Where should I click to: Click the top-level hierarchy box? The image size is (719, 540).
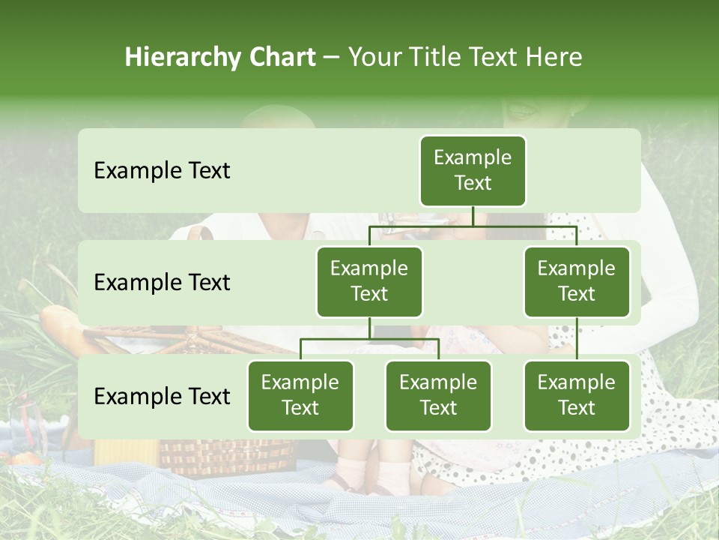(473, 170)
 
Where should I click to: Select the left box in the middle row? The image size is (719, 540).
(369, 281)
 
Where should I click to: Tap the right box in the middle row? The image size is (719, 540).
(577, 281)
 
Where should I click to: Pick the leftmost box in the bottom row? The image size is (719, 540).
(300, 395)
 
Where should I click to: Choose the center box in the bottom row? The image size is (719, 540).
(438, 395)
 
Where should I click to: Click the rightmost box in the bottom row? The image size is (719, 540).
(577, 395)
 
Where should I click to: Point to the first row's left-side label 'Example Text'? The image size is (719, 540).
(162, 170)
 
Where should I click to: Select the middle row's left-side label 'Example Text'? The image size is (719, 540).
(162, 282)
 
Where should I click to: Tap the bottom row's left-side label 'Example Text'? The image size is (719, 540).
(162, 396)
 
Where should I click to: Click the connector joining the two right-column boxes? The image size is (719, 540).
(577, 339)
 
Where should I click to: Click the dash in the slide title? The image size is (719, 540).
(332, 57)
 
